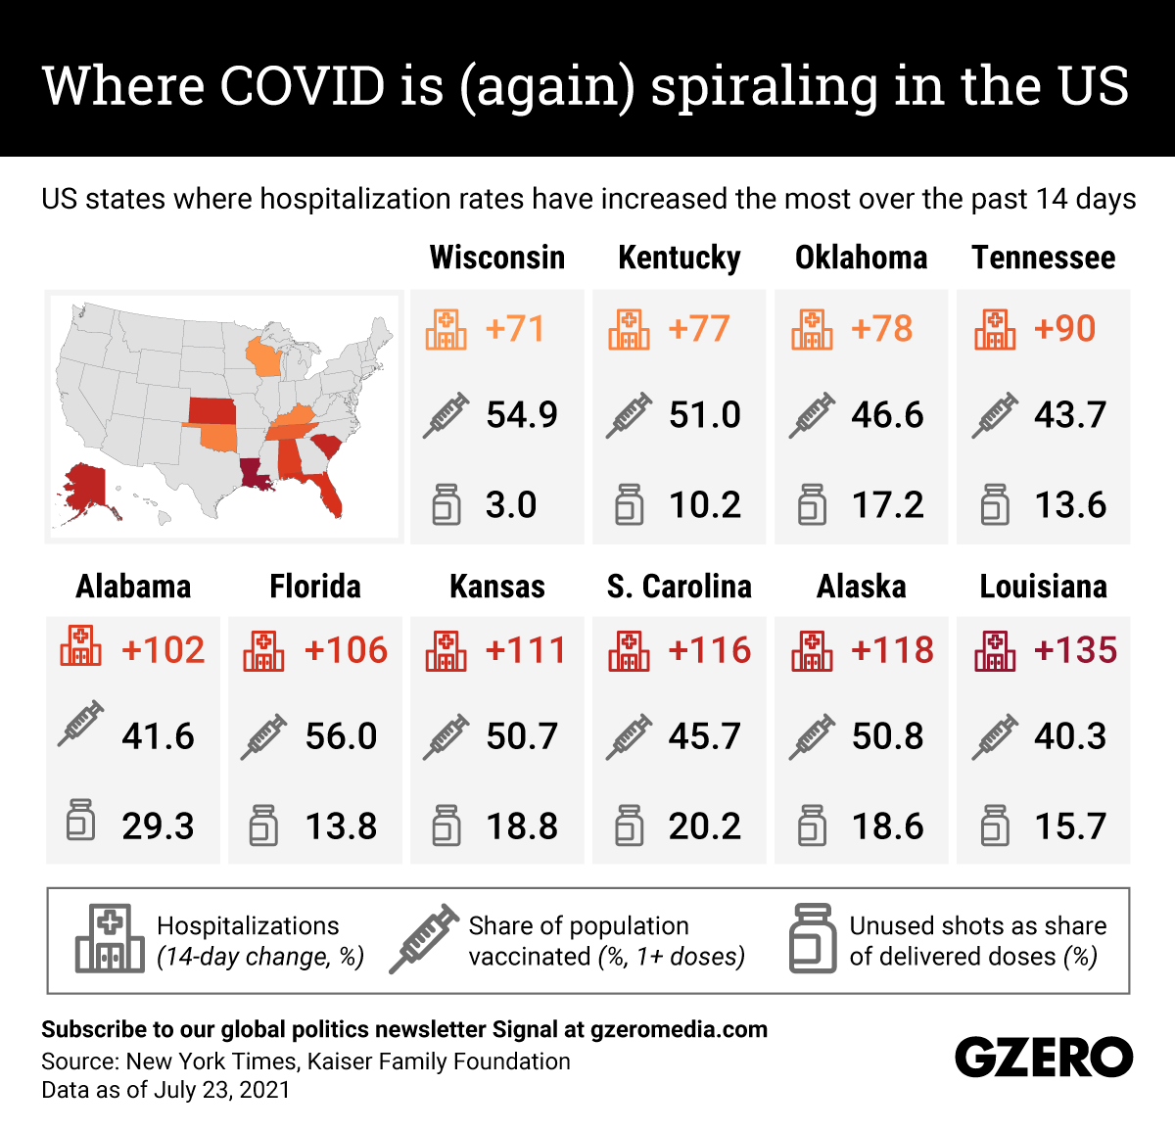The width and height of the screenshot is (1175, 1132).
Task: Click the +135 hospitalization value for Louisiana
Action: point(1075,650)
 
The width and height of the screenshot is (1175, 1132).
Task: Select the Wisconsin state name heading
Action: point(497,258)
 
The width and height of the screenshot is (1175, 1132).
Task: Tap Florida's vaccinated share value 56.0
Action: point(341,736)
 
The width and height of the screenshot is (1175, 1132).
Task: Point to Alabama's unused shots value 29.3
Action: point(158,826)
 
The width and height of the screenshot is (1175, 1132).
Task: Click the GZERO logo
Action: point(1043,1058)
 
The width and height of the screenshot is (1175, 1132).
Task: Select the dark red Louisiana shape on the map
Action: point(256,474)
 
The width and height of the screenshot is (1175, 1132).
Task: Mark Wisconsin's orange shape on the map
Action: point(262,358)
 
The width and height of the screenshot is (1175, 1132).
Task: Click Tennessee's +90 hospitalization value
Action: point(1064,329)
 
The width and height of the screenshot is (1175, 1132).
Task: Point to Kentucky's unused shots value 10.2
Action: point(705,505)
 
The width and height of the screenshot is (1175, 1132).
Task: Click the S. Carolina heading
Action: point(680,587)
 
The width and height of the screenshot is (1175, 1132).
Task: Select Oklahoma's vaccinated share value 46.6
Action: point(887,415)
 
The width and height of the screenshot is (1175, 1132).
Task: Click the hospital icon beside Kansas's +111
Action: point(446,650)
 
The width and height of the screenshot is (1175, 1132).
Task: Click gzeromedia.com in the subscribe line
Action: point(679,1029)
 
